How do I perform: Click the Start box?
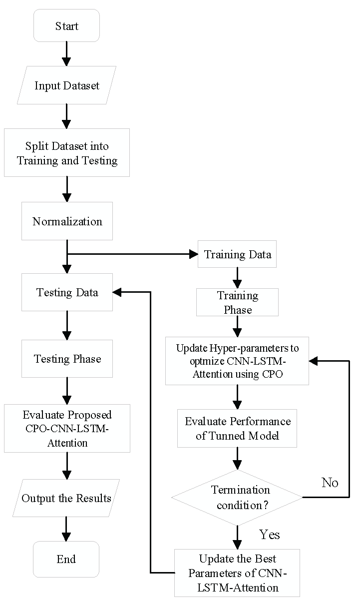(x=66, y=25)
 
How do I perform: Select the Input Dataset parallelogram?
(x=66, y=85)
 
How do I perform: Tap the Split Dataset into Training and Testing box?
(x=67, y=153)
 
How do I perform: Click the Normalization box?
(x=67, y=221)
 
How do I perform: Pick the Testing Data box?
(x=67, y=292)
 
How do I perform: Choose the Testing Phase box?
(x=67, y=359)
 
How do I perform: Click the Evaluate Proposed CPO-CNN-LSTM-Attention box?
(x=67, y=429)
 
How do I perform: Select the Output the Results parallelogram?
(x=66, y=498)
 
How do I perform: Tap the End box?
(x=66, y=559)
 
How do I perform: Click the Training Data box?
(x=237, y=254)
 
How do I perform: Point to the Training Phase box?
(x=237, y=302)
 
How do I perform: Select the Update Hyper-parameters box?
(x=237, y=361)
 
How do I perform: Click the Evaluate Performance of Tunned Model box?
(x=237, y=428)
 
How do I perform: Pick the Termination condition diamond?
(x=237, y=497)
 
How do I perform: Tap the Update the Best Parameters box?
(x=237, y=573)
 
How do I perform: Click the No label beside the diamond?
(x=330, y=483)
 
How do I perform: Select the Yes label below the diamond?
(x=270, y=535)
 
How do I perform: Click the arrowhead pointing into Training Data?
(x=194, y=254)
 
